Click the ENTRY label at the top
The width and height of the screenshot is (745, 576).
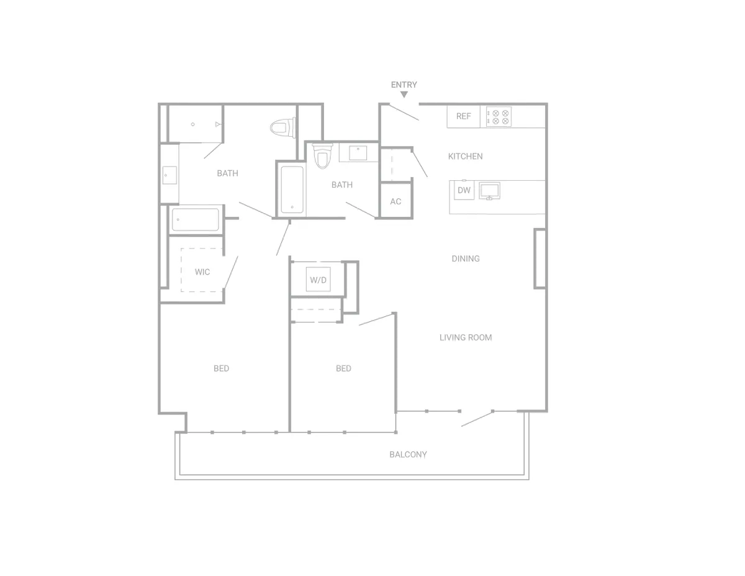click(x=404, y=85)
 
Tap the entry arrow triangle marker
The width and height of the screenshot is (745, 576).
click(x=404, y=94)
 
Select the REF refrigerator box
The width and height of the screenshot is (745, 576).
click(x=463, y=116)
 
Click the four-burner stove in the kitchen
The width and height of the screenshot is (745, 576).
click(x=499, y=117)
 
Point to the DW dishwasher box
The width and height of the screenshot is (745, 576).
click(x=464, y=191)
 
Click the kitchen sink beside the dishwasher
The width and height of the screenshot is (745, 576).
click(x=489, y=190)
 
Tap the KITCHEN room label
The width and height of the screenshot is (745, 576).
click(x=465, y=157)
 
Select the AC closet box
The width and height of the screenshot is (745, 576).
click(x=395, y=201)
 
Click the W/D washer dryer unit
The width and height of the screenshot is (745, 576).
click(x=318, y=280)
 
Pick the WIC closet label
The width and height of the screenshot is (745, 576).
click(x=202, y=272)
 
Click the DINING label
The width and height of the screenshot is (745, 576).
click(x=465, y=258)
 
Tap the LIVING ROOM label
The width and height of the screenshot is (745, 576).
click(x=465, y=337)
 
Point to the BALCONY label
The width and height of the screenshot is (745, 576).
click(x=408, y=454)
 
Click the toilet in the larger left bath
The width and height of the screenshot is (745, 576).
click(x=279, y=129)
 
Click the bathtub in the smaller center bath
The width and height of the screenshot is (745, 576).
click(x=291, y=190)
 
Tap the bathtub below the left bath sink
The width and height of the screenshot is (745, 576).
click(x=195, y=219)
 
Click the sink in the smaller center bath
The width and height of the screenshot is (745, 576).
click(x=359, y=153)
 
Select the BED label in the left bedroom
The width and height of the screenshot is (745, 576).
click(x=221, y=368)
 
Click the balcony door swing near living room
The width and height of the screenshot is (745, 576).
click(x=477, y=419)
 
